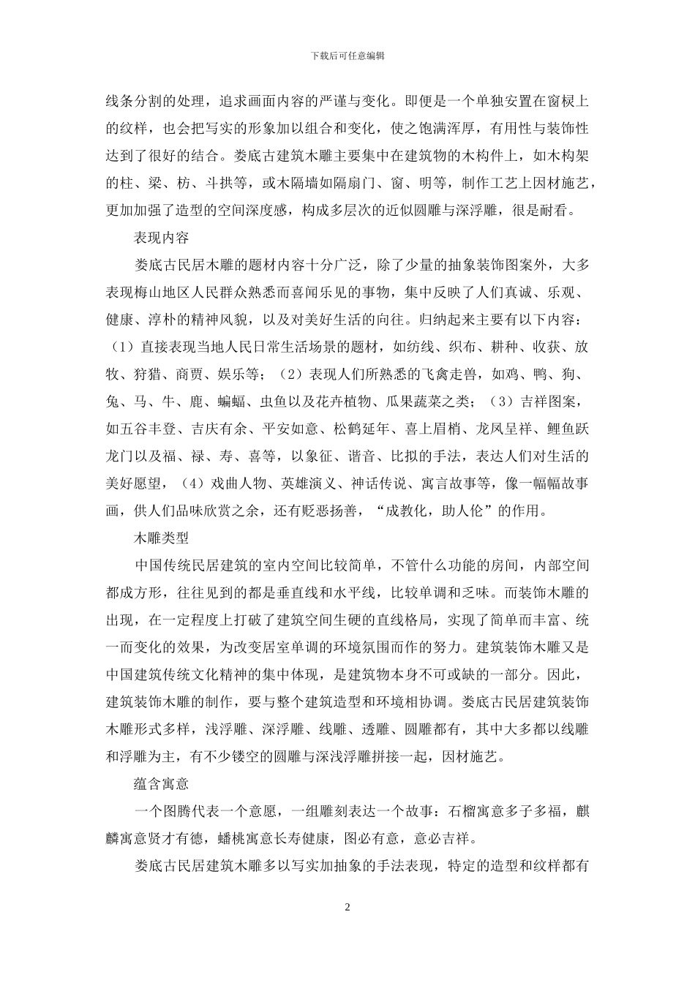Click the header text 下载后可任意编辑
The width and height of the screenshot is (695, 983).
[347, 56]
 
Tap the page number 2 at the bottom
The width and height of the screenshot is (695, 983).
[347, 908]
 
